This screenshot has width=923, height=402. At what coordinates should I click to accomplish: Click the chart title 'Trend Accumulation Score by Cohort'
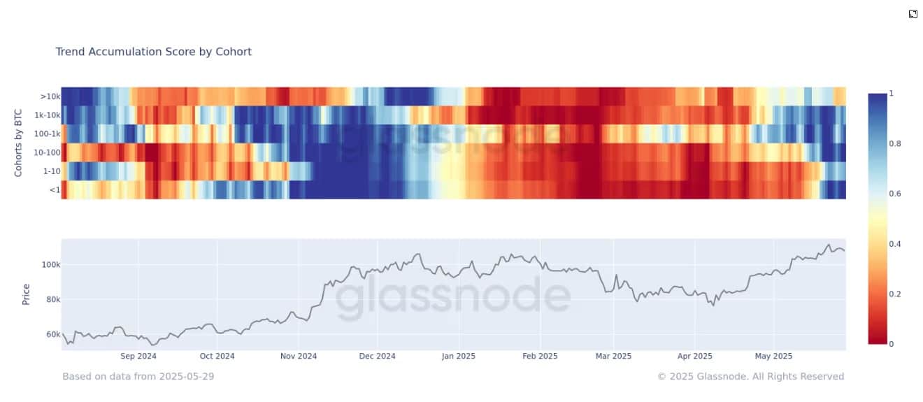[153, 52]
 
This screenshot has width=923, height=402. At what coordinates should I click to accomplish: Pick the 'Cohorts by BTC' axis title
[19, 143]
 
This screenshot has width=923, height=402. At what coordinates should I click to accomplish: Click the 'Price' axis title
[26, 294]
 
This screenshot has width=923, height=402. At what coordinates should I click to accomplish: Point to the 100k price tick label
[51, 265]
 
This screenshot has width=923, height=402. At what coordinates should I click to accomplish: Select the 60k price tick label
[52, 334]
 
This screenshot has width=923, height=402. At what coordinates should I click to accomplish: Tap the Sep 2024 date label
[138, 356]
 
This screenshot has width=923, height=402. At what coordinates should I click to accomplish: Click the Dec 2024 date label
[377, 356]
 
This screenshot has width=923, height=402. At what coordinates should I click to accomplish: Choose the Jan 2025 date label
[458, 356]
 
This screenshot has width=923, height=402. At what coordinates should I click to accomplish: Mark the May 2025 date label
[773, 356]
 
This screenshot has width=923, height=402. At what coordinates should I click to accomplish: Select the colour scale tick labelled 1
[891, 93]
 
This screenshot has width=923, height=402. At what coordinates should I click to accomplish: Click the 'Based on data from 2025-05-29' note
[138, 376]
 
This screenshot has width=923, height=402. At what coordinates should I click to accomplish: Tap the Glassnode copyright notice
[750, 376]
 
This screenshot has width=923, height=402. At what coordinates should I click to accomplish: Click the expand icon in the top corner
[913, 14]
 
